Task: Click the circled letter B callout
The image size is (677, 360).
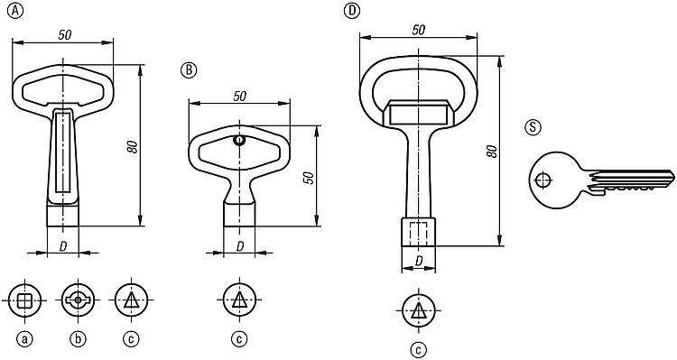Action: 189,70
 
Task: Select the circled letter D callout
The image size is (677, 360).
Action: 352,11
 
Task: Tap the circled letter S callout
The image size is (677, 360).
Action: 533,127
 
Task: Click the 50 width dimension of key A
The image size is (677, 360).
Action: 65,35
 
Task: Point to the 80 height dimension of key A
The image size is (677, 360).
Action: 133,147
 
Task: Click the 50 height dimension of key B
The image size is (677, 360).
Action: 309,178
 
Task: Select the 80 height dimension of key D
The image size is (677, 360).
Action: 492,151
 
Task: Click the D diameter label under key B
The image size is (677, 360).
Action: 240,246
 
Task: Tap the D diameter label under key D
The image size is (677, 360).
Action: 418,261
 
